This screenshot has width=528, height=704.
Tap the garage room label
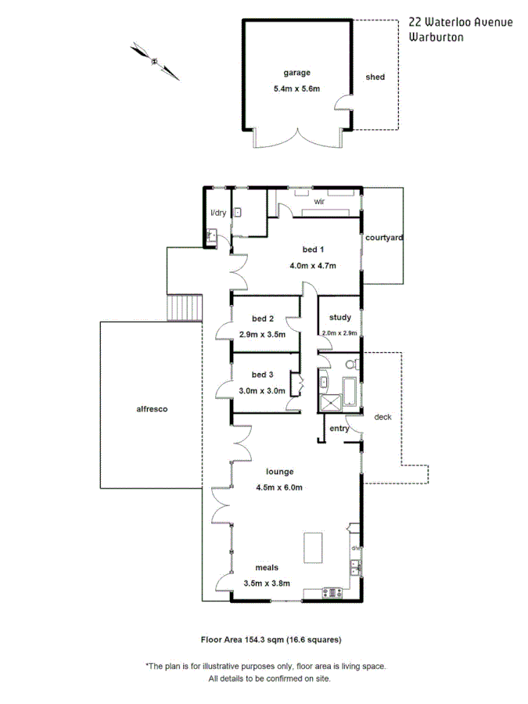(x=286, y=73)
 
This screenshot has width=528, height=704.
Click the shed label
(x=375, y=77)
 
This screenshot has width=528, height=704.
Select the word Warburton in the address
(x=436, y=36)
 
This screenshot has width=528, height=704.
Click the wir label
(x=319, y=202)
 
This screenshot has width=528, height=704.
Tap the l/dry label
(x=217, y=213)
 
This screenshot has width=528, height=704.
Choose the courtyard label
(x=384, y=238)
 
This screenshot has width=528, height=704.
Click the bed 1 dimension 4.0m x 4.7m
(x=313, y=265)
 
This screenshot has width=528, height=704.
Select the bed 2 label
(x=263, y=318)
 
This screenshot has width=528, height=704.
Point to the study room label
(x=340, y=318)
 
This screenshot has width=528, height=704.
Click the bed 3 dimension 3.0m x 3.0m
(x=262, y=391)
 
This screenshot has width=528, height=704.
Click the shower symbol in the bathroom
(x=329, y=401)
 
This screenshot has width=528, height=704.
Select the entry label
(x=339, y=429)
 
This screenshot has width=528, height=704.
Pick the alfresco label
(x=153, y=408)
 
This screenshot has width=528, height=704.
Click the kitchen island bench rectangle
(x=314, y=547)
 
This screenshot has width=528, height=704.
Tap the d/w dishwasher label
(x=354, y=548)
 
